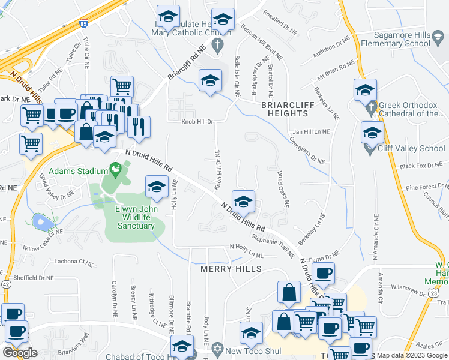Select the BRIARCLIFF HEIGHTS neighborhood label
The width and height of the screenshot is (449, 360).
(285, 109)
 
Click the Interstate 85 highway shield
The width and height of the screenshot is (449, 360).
(82, 25)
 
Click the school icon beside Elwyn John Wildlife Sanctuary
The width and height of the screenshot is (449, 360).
(156, 186)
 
